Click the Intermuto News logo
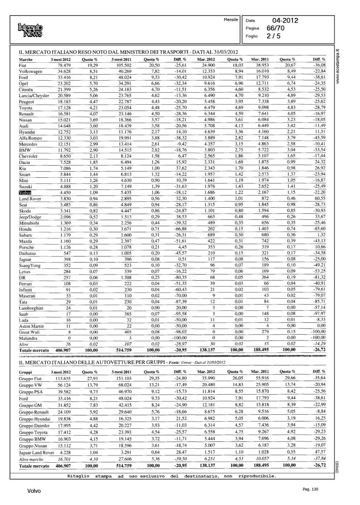point(31,30)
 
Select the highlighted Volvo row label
point(25,193)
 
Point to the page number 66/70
point(275,28)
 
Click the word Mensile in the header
point(231,20)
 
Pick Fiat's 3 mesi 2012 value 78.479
point(64,65)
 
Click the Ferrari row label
point(25,284)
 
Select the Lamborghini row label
point(31,308)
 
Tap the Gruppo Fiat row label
point(30,378)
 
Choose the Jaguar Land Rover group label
point(36,452)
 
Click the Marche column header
point(26,60)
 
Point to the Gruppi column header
point(26,372)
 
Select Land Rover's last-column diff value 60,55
point(319,199)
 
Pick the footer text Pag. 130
point(310,489)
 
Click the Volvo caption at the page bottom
point(34,491)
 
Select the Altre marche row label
point(31,459)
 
